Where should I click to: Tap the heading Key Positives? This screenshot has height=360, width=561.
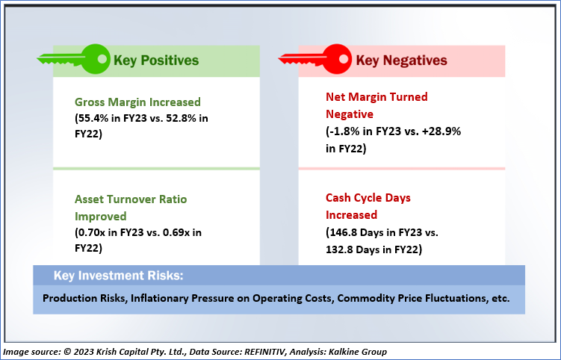[155, 60]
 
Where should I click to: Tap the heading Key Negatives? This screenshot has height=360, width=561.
[401, 60]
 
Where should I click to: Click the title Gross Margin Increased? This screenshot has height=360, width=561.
[138, 102]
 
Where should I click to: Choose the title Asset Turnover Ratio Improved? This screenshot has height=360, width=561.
[131, 208]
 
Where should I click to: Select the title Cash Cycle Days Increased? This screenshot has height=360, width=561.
[368, 207]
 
